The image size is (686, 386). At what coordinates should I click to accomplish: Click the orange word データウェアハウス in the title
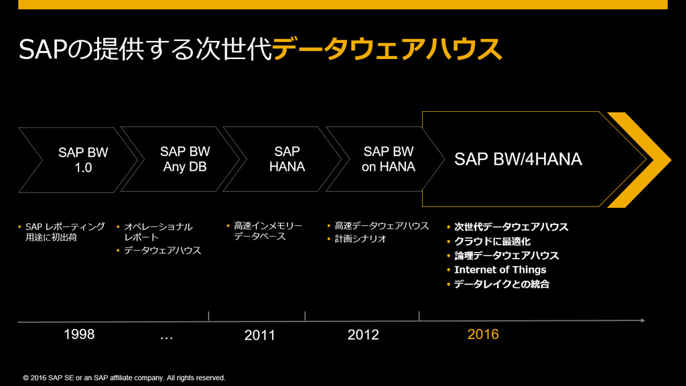(x=387, y=49)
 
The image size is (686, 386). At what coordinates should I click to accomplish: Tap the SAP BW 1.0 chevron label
(x=83, y=159)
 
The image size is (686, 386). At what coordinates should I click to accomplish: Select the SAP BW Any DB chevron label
(x=186, y=159)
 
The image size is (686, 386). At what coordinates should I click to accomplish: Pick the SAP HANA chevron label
(x=287, y=159)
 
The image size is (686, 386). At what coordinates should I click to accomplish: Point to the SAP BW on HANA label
(x=389, y=159)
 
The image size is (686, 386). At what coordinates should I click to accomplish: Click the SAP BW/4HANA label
(x=518, y=159)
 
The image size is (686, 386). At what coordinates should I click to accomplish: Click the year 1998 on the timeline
(x=79, y=334)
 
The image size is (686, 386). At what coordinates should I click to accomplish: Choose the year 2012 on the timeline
(x=363, y=334)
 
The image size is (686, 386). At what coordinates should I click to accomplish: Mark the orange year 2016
(x=483, y=334)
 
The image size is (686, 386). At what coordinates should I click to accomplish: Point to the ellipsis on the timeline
(x=167, y=336)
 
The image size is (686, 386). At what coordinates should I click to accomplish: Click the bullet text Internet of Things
(x=500, y=269)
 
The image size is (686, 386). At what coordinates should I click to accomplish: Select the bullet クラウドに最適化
(x=492, y=241)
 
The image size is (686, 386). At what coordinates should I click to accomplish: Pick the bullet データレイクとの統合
(x=501, y=284)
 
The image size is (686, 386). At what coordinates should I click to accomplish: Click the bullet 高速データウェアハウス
(x=381, y=226)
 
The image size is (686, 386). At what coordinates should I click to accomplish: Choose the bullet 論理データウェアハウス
(x=506, y=255)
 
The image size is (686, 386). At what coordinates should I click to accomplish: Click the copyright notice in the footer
(x=124, y=378)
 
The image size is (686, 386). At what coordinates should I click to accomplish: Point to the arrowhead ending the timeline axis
(x=642, y=321)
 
